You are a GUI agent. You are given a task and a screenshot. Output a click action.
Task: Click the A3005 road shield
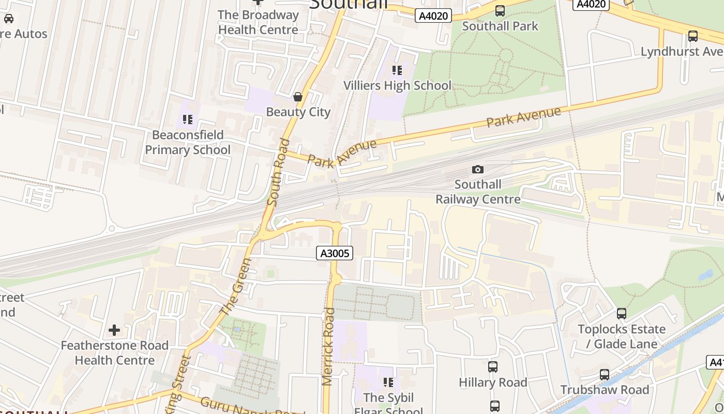335,253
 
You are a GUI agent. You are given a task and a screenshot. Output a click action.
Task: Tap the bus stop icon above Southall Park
500,10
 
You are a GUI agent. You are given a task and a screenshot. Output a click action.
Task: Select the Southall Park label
500,26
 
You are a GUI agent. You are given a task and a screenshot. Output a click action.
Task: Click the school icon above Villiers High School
397,70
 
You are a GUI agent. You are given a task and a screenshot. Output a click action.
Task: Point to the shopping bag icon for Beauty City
298,97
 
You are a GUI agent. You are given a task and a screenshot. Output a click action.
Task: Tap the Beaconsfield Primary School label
188,142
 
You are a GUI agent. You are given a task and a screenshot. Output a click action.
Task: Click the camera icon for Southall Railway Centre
478,169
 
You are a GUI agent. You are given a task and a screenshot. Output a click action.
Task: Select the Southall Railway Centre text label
478,191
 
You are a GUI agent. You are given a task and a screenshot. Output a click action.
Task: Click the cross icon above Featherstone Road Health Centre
114,330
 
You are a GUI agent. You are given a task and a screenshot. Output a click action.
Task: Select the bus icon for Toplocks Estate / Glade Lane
622,313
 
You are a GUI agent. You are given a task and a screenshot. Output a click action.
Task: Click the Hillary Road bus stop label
493,382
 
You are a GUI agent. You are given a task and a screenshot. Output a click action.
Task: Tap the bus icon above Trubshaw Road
605,374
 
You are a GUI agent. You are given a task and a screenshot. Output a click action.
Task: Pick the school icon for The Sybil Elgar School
388,382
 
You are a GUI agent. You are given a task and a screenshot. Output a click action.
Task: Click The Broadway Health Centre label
258,22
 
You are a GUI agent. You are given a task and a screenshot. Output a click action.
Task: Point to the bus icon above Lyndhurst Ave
693,36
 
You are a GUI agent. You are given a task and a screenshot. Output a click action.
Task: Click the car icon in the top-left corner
9,19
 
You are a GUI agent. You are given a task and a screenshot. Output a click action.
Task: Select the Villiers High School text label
397,85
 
